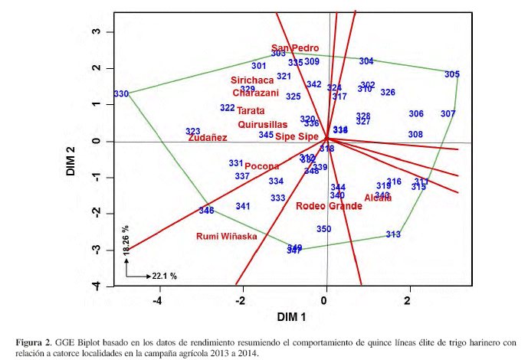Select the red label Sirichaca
(x=252, y=80)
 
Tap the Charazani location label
(x=256, y=93)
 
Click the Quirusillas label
(x=263, y=124)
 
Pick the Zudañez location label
(x=208, y=138)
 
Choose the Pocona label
(x=262, y=166)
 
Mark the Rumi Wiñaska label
(x=227, y=236)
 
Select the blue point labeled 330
(x=121, y=94)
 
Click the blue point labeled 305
(x=452, y=74)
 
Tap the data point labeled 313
(x=393, y=234)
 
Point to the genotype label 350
(x=323, y=229)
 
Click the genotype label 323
(x=193, y=132)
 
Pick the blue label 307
(x=448, y=113)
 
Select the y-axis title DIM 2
(x=71, y=160)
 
